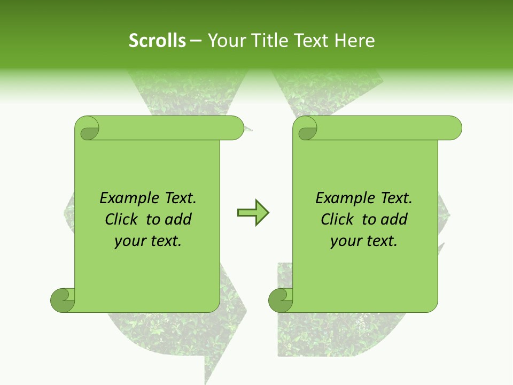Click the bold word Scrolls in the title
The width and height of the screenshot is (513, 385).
click(x=157, y=41)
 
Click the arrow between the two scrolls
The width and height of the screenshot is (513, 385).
click(x=253, y=213)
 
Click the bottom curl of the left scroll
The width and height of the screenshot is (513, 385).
click(x=63, y=300)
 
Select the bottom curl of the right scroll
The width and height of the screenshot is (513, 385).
click(x=281, y=300)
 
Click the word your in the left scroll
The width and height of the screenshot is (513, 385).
click(x=129, y=241)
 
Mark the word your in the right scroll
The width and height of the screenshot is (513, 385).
click(x=345, y=241)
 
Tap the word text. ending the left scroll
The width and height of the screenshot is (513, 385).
click(x=165, y=241)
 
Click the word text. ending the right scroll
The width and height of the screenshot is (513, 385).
click(x=381, y=241)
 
